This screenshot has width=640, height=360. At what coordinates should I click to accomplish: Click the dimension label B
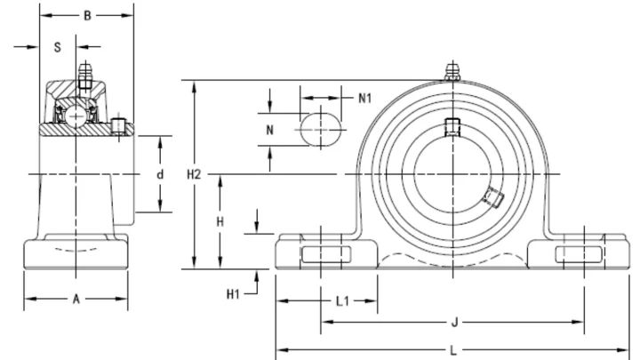(87, 15)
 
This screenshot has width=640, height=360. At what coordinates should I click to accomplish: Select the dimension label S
(58, 47)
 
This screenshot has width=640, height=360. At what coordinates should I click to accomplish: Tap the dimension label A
(76, 300)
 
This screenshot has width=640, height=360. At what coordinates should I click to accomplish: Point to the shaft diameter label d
(160, 175)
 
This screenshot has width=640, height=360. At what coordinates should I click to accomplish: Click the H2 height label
(194, 175)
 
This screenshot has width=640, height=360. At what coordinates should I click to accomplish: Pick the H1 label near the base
(233, 294)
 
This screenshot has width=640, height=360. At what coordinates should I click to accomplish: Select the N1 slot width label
(365, 98)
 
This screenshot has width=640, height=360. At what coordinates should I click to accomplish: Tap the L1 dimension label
(342, 301)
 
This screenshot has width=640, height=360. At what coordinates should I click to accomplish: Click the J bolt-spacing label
(454, 323)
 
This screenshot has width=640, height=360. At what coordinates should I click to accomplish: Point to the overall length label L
(453, 350)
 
